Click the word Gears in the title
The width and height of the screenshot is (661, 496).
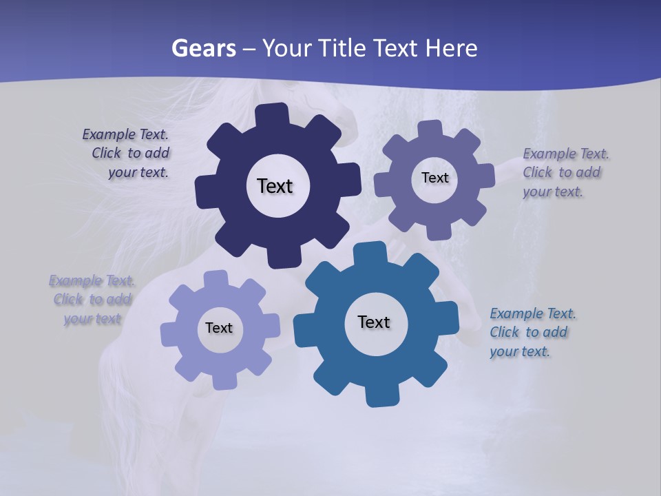coord(203,48)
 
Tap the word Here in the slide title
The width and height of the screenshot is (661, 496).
coord(451,48)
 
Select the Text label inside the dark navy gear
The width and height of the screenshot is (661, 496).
coord(275,186)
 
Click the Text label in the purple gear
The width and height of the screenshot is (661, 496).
coord(434,178)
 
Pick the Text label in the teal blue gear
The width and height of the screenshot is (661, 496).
coord(374,322)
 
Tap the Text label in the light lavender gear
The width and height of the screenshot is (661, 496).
coord(219,328)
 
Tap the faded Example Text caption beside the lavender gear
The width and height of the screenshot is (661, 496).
coord(92,300)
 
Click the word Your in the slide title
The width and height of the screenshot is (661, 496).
coord(288,48)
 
